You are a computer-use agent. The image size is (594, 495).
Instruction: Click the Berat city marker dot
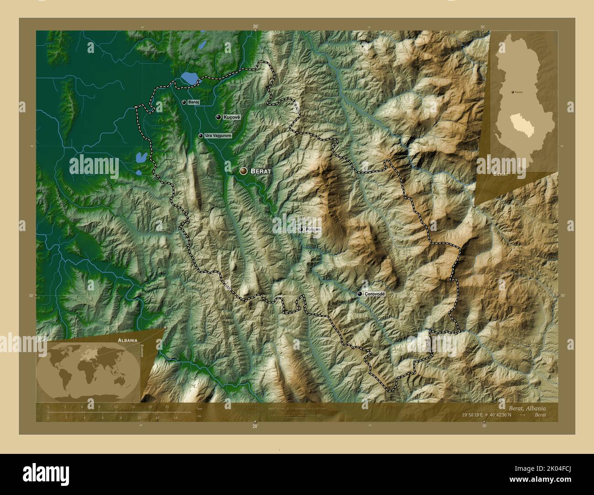tap(244, 171)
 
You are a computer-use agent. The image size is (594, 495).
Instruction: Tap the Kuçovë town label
tap(231, 117)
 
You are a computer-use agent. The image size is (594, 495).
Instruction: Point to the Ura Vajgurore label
tap(218, 136)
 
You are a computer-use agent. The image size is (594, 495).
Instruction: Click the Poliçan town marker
tap(301, 229)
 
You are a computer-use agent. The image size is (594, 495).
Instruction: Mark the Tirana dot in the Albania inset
tap(513, 92)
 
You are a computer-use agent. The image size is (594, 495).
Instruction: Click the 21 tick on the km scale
tap(167, 406)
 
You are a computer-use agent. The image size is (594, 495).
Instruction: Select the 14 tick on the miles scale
tap(175, 417)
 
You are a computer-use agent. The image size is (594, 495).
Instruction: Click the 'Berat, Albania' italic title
tap(527, 408)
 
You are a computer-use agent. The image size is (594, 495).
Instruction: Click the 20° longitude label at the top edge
tap(255, 27)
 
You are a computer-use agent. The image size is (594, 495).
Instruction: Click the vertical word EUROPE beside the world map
tap(143, 352)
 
